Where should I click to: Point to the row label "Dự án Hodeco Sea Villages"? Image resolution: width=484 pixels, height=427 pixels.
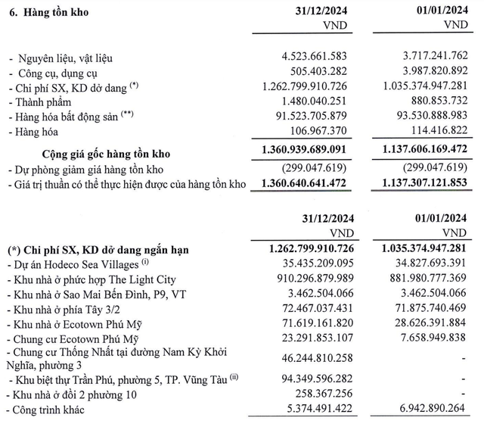(x=78, y=264)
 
